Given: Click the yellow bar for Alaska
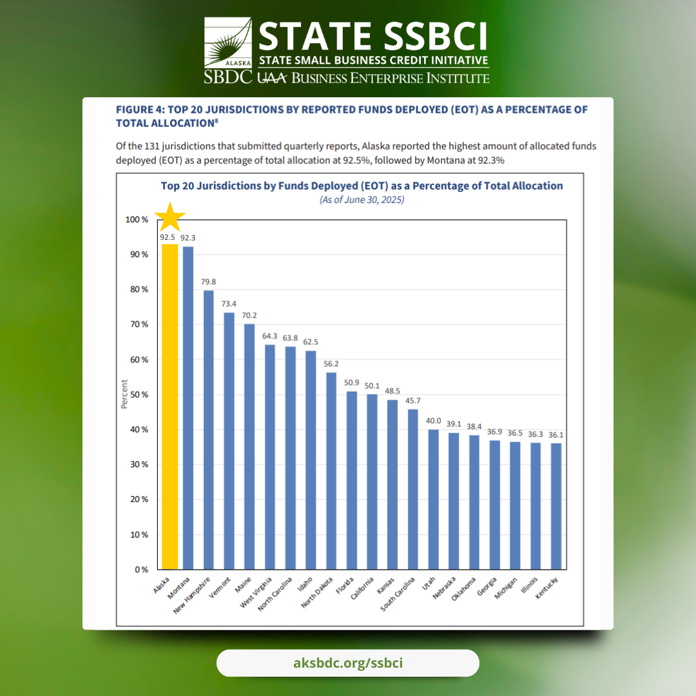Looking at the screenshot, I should (x=169, y=406).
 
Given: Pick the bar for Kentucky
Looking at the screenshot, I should (x=556, y=506).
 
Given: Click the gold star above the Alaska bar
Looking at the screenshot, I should (x=170, y=217).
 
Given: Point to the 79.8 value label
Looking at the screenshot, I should (x=209, y=282).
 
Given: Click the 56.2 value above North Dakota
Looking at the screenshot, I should (x=331, y=364).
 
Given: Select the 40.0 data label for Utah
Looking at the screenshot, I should (x=433, y=421).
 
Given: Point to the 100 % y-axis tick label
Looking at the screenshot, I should (x=135, y=220).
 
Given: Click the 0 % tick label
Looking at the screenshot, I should (x=140, y=570).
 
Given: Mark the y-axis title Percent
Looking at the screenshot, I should (x=124, y=394).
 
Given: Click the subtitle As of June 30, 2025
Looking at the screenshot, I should (x=362, y=200).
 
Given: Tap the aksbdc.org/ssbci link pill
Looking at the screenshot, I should (x=348, y=662).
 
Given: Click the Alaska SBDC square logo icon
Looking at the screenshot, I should (x=227, y=43).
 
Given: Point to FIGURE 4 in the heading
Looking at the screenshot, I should (x=139, y=110).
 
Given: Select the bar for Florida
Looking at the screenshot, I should (x=352, y=480).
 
